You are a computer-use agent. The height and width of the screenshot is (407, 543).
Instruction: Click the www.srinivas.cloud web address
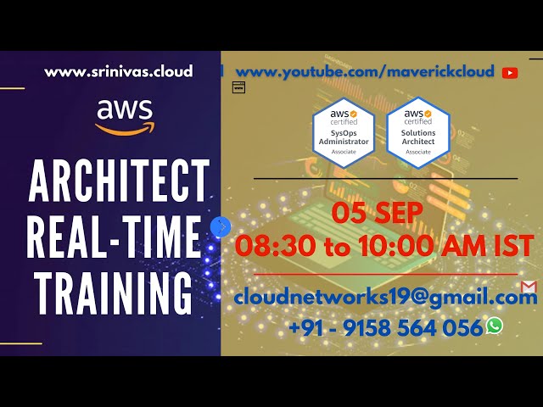click(x=119, y=72)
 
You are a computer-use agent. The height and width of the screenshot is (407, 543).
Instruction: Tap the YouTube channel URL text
click(x=365, y=72)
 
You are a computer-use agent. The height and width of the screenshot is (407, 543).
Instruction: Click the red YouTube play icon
click(x=510, y=73)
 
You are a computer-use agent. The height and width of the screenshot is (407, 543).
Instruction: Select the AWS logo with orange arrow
click(x=124, y=117)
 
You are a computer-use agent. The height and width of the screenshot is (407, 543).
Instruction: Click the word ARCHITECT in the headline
click(x=119, y=181)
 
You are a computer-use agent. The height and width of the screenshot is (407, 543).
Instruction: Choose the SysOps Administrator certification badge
click(x=344, y=132)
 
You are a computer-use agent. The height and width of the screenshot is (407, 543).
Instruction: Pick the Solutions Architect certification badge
click(x=417, y=132)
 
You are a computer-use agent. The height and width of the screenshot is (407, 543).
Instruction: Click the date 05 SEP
click(x=378, y=214)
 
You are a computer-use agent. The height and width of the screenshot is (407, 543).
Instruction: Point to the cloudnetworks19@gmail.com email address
click(x=385, y=297)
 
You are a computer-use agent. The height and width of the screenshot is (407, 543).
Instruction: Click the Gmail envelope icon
click(x=529, y=287)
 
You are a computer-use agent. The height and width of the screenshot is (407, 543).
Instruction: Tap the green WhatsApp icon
click(x=494, y=326)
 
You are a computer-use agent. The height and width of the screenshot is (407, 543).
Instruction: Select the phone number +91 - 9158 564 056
click(x=385, y=328)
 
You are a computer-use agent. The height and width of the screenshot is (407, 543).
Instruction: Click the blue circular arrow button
click(x=221, y=226)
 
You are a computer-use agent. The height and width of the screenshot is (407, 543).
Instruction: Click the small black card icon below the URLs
click(x=238, y=87)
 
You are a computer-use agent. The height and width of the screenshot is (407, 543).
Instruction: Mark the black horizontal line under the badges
click(x=385, y=179)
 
